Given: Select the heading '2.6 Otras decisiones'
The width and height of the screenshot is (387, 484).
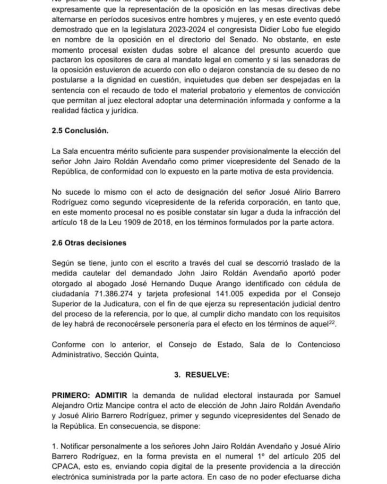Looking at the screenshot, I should (90, 243).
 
